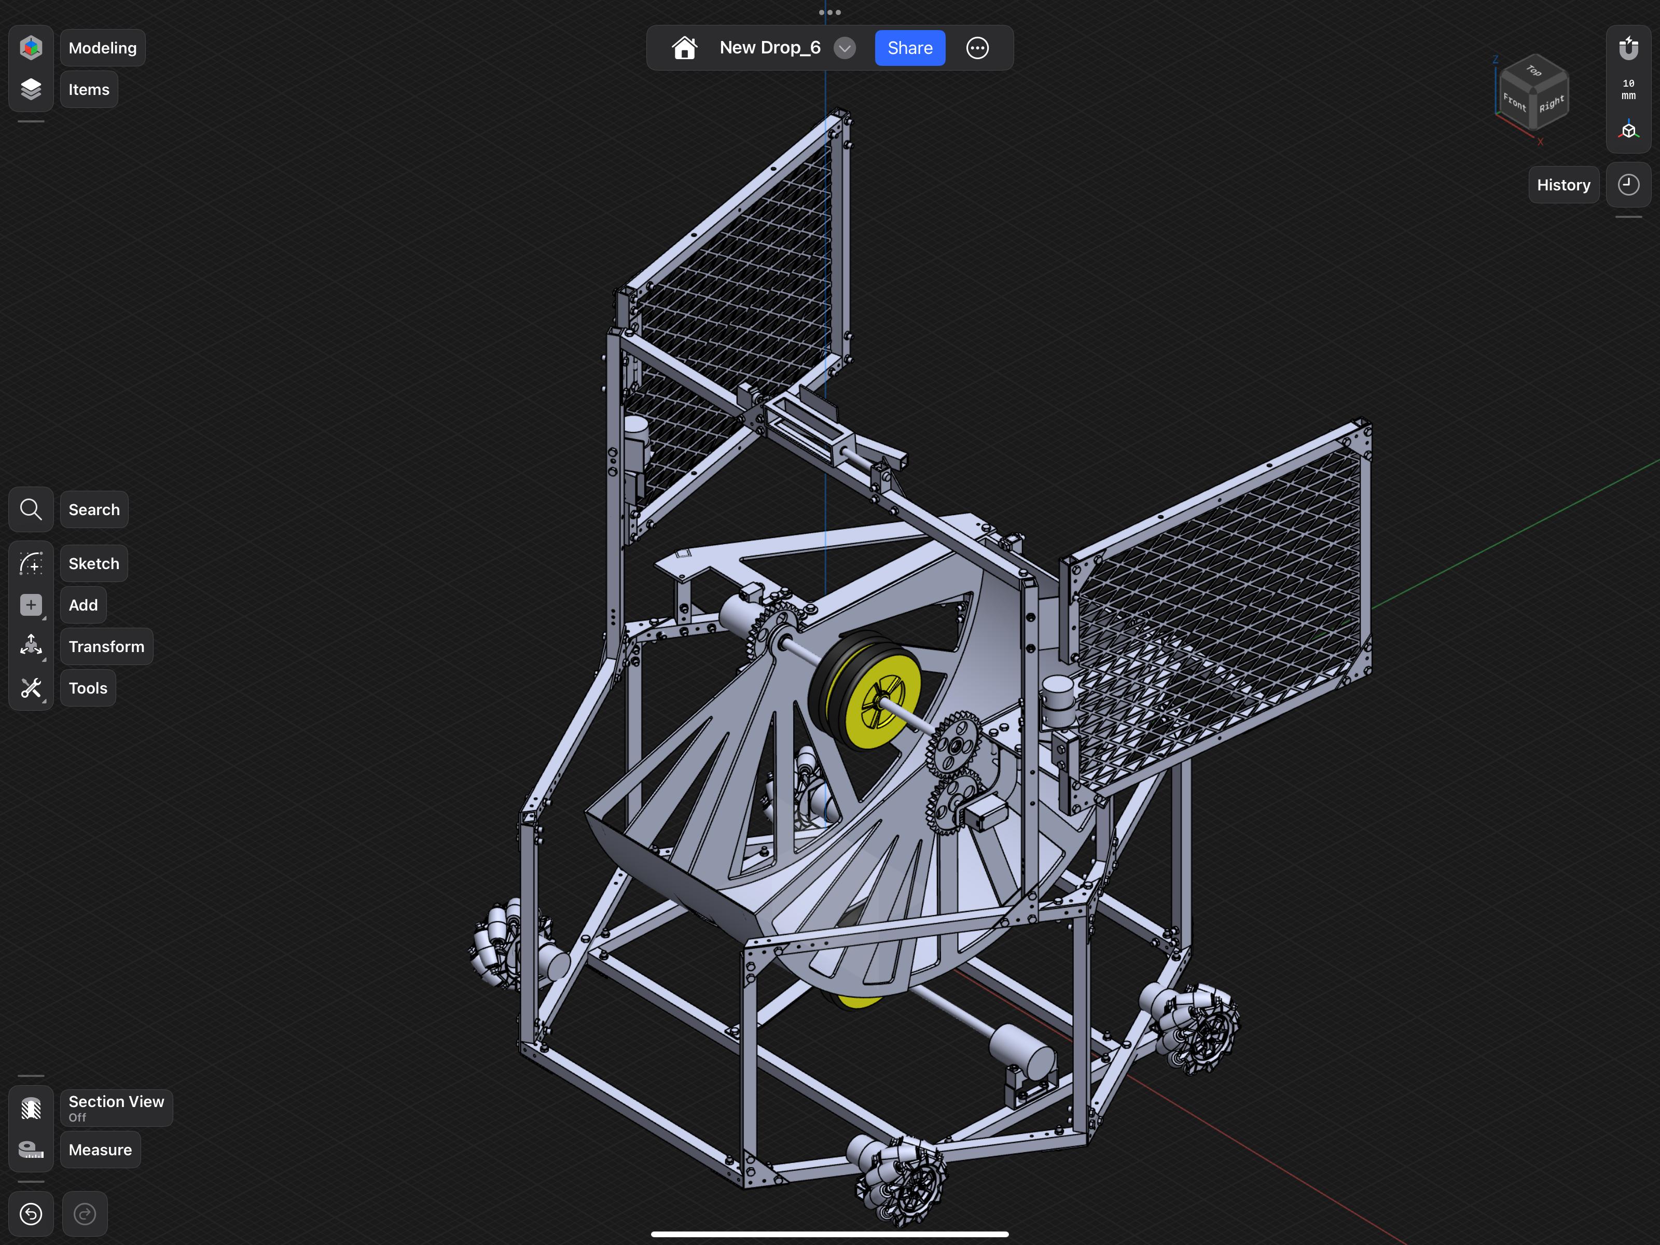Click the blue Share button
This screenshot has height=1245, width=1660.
pos(909,48)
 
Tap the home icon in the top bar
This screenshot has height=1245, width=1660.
pos(684,48)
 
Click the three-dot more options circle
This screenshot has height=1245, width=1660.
pos(977,48)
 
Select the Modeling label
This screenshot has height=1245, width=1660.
pos(103,48)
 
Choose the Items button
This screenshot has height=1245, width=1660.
pos(89,89)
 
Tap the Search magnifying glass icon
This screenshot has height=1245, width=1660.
pos(31,509)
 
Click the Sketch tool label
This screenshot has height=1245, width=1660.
pos(94,563)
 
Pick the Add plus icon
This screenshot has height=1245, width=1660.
pos(31,605)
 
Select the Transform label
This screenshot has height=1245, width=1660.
pos(106,646)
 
